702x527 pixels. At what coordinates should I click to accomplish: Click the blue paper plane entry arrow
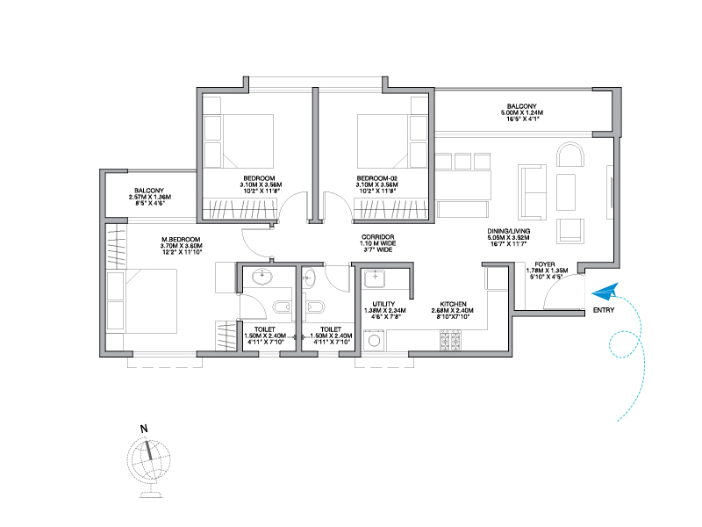coord(605,292)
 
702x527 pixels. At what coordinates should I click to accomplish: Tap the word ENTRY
coord(604,310)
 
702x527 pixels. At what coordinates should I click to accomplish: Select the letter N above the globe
coord(144,429)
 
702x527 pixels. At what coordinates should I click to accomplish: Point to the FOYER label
coord(544,264)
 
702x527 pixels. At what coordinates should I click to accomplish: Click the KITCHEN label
coord(453,304)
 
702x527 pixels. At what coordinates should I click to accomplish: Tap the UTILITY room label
coord(383,304)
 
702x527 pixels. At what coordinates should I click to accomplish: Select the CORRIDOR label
coord(378,237)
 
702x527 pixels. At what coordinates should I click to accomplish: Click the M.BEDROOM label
coord(181,240)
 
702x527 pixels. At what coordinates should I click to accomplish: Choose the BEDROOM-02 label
coord(377,178)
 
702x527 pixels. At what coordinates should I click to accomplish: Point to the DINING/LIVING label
coord(509,231)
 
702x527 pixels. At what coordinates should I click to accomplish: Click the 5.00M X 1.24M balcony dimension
coord(521,113)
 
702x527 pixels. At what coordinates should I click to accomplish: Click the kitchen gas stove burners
coord(450,340)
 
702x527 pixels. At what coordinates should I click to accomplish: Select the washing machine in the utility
coord(374,341)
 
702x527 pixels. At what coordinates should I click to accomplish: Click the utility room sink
coord(375,278)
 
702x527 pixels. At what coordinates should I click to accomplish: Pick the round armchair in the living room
coord(570,155)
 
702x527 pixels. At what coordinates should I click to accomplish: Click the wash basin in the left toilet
coord(261,277)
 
